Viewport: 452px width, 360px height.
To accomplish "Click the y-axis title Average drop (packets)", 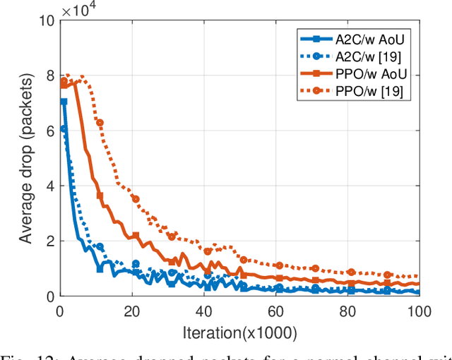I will point(25,159).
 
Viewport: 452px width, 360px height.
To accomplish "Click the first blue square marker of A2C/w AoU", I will point(63,102).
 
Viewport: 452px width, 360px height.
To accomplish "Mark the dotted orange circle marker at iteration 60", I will point(279,265).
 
